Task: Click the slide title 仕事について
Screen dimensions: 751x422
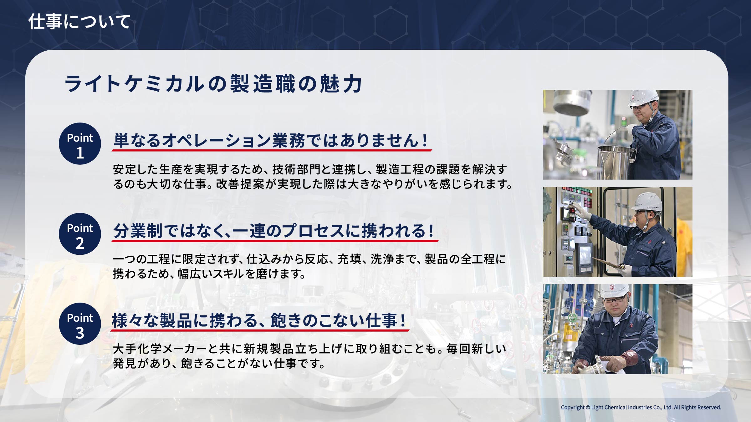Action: (79, 22)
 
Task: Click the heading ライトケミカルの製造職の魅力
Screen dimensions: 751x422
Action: (213, 84)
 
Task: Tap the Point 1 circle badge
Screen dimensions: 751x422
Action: (80, 143)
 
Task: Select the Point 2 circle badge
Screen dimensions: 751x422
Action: (80, 234)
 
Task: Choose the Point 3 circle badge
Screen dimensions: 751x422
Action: (80, 324)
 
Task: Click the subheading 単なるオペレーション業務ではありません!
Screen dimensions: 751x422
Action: (271, 140)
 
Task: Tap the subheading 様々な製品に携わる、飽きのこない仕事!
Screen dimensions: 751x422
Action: (259, 320)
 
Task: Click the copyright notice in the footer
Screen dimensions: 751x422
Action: (641, 407)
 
